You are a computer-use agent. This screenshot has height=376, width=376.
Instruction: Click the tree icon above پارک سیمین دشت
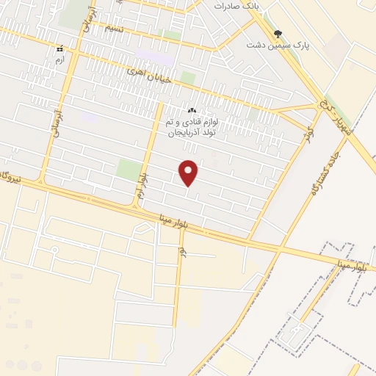click(278, 33)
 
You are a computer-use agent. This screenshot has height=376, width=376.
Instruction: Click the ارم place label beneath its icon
click(60, 59)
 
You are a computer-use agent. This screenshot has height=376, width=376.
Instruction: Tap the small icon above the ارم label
click(60, 48)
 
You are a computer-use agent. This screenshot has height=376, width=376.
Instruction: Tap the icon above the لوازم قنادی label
click(192, 110)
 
